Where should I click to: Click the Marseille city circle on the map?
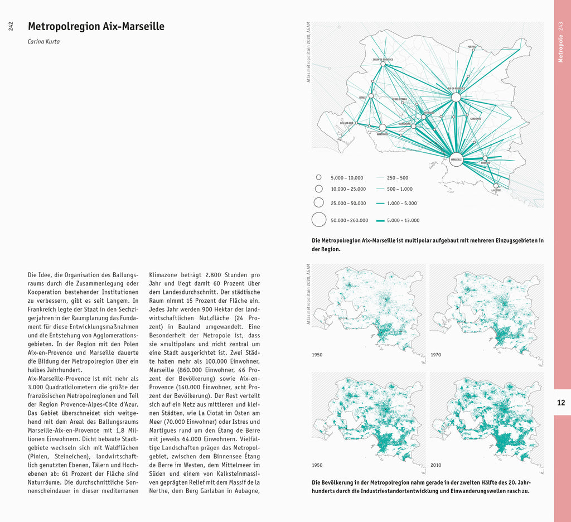pyautogui.click(x=456, y=159)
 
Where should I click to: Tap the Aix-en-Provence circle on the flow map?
pyautogui.click(x=456, y=97)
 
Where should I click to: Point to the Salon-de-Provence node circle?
pyautogui.click(x=383, y=64)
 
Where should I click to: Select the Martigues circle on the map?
pyautogui.click(x=383, y=128)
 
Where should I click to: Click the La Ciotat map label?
pyautogui.click(x=496, y=191)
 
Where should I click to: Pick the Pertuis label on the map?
pyautogui.click(x=471, y=46)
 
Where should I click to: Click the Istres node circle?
pyautogui.click(x=371, y=96)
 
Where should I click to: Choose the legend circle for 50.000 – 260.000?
pyautogui.click(x=318, y=220)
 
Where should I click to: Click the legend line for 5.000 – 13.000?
pyautogui.click(x=381, y=220)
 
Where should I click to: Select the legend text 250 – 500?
pyautogui.click(x=398, y=177)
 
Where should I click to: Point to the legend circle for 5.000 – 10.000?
pyautogui.click(x=318, y=177)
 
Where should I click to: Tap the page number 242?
pyautogui.click(x=11, y=26)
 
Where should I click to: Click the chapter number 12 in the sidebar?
pyautogui.click(x=561, y=402)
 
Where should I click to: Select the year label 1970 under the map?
pyautogui.click(x=435, y=355)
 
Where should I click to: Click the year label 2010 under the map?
pyautogui.click(x=435, y=465)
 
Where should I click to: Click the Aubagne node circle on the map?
pyautogui.click(x=485, y=158)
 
